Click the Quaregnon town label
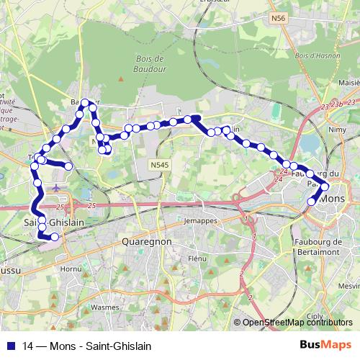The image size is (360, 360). (x=146, y=242)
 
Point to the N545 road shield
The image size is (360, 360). (x=160, y=166)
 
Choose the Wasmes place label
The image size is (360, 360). (x=105, y=307)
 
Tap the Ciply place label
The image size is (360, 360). (x=315, y=315)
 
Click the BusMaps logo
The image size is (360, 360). (x=325, y=344)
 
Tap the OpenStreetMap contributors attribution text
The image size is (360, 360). (x=297, y=323)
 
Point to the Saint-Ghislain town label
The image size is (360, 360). (x=54, y=222)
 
